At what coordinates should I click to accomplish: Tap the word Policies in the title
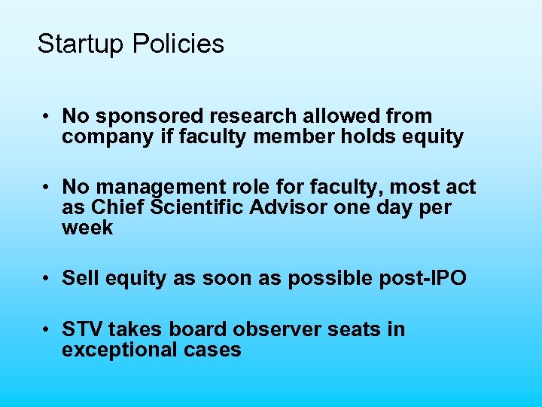point(178,44)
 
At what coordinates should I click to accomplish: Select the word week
point(87,228)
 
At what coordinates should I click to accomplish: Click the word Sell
point(78,278)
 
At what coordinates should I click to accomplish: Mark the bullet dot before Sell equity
point(47,278)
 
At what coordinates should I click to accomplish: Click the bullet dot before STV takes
point(47,329)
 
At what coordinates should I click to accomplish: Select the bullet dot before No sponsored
point(47,117)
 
